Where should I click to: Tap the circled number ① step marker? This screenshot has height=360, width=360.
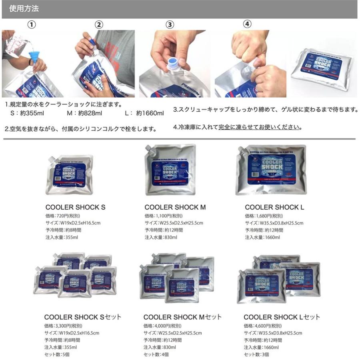[32, 24]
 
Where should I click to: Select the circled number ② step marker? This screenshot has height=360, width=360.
[99, 24]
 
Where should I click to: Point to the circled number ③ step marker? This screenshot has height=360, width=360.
[170, 24]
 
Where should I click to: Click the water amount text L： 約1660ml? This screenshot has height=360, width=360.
[144, 113]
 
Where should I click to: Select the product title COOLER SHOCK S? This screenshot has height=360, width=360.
[76, 207]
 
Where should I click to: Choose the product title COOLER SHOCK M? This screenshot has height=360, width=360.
[175, 207]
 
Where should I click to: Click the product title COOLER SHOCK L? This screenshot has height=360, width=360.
[274, 207]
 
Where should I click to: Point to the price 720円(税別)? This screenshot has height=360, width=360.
[64, 216]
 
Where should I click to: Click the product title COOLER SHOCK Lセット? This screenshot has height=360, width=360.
[282, 317]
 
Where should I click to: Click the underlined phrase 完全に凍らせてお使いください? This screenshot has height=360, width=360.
[260, 127]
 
